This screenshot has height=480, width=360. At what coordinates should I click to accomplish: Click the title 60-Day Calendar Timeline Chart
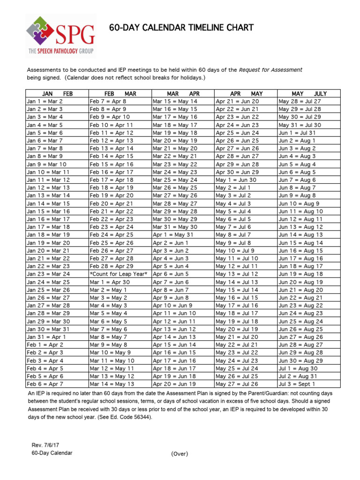181,28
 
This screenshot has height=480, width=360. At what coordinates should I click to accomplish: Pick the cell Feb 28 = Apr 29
112,266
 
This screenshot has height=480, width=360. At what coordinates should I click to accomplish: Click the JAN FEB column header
57,93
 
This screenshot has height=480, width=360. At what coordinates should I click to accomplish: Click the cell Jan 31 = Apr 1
46,337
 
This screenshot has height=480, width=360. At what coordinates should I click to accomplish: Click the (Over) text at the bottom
180,453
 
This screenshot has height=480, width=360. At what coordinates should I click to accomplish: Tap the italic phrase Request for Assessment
270,70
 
